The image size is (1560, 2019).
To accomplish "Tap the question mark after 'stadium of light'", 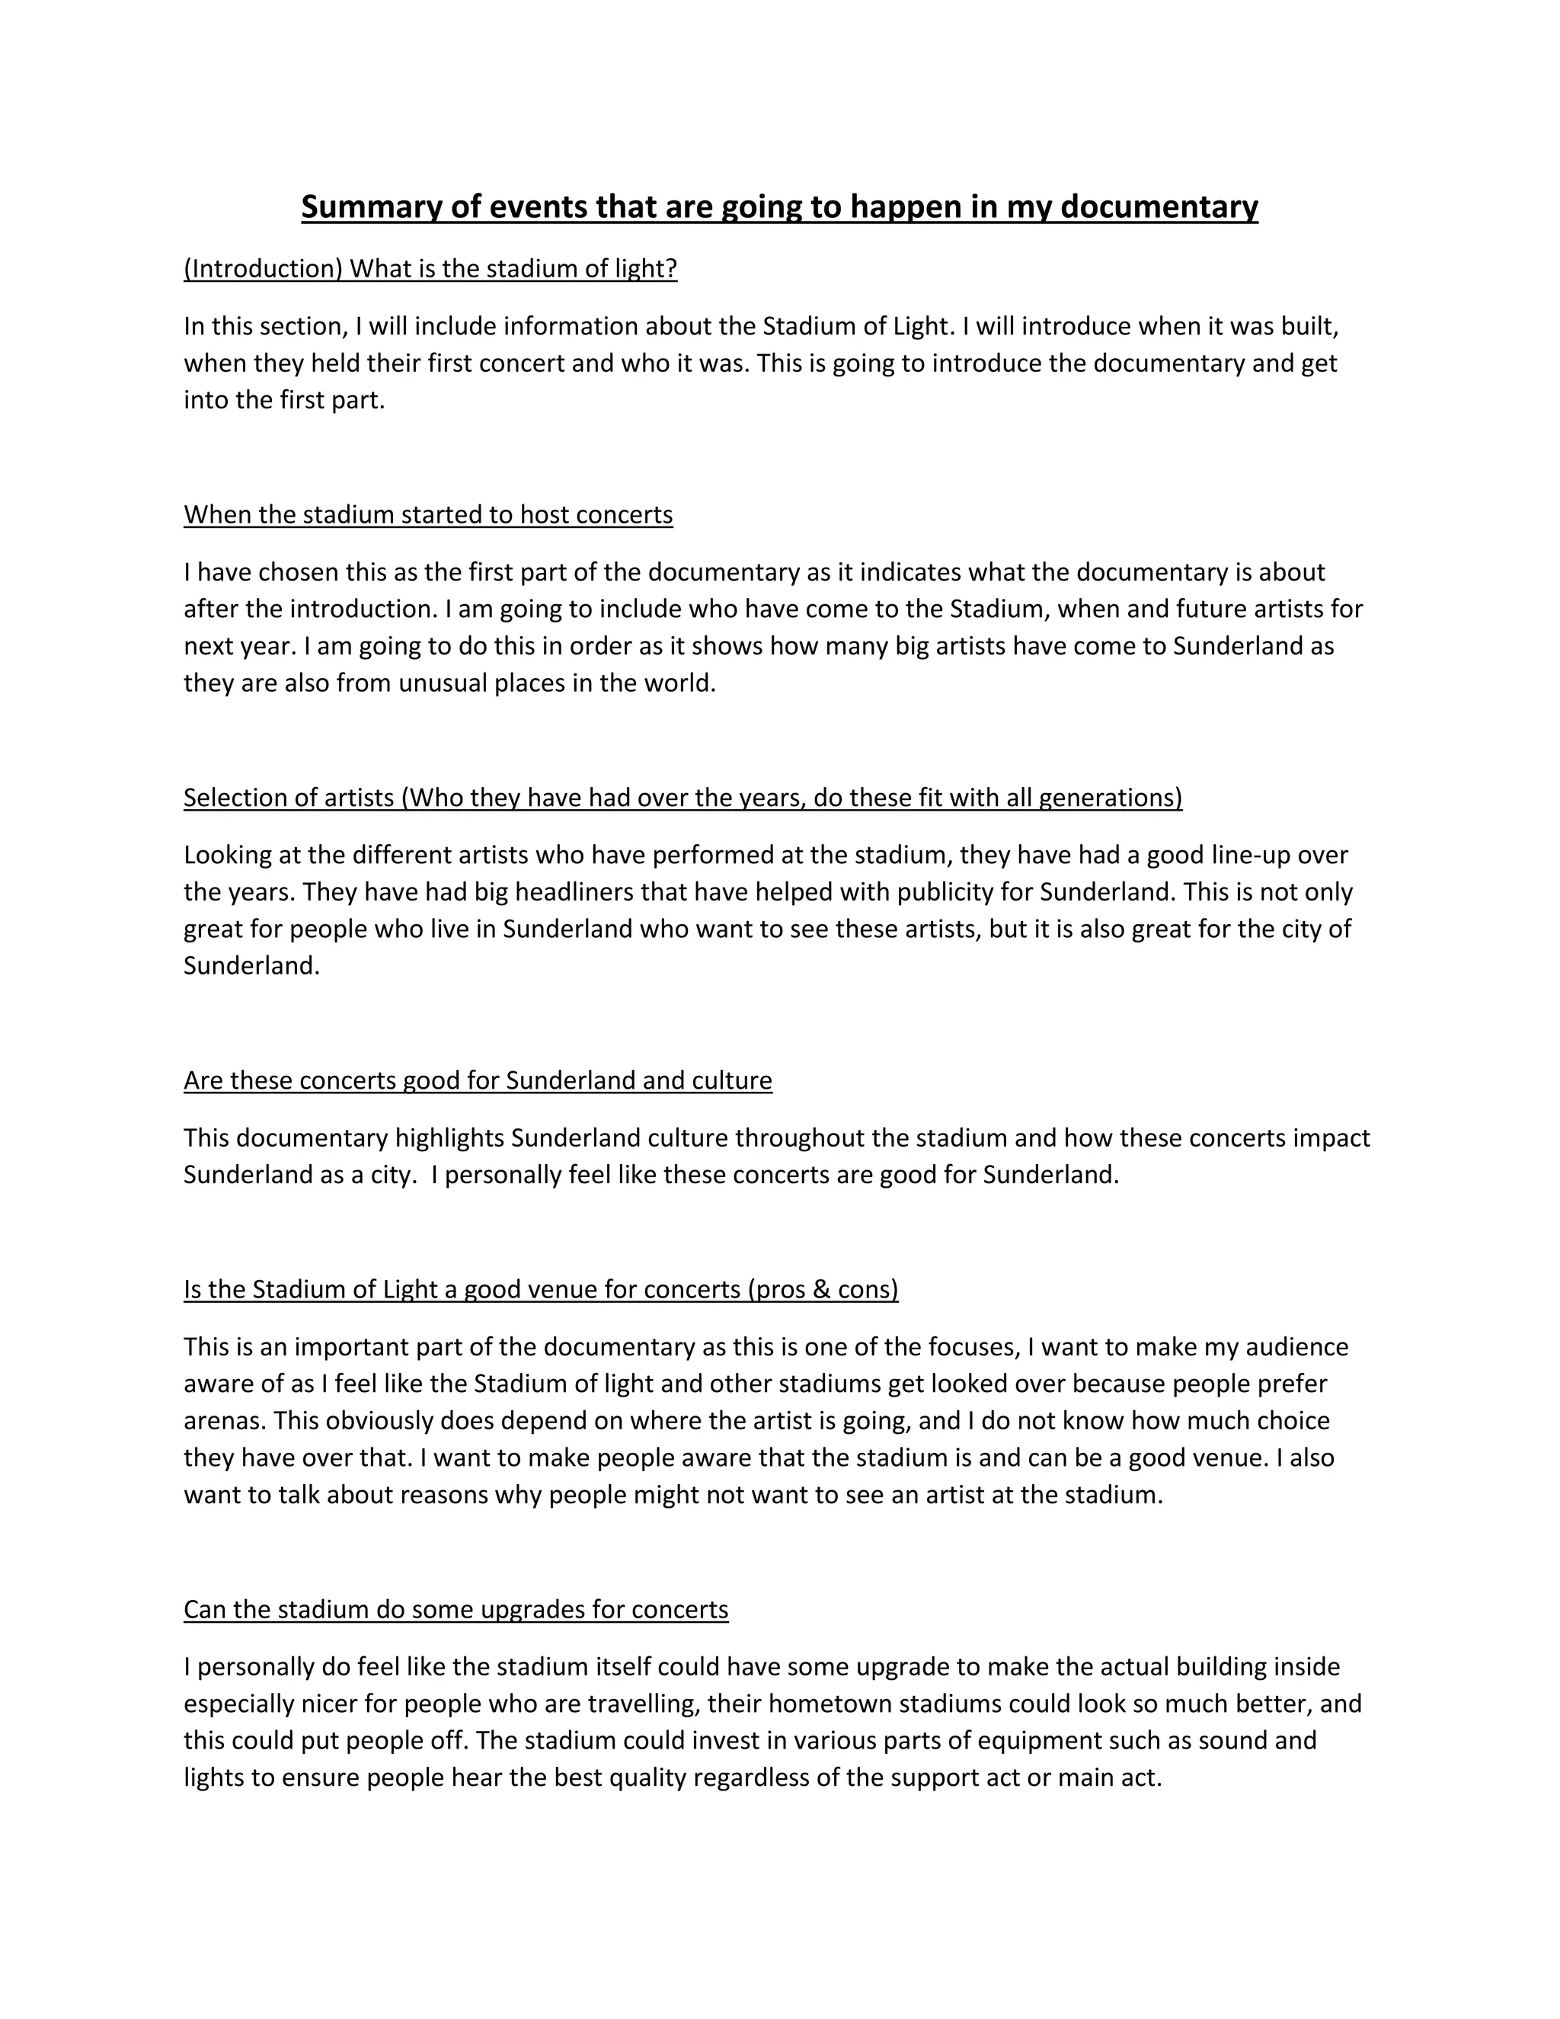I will [672, 269].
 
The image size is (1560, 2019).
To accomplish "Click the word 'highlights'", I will [450, 1138].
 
